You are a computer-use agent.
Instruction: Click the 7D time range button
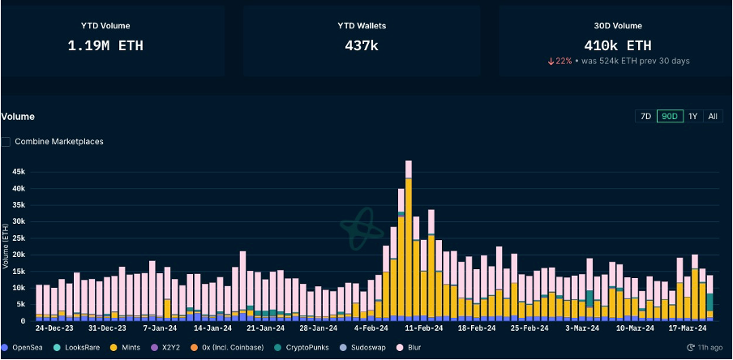pyautogui.click(x=645, y=116)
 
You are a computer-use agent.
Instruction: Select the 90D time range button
pyautogui.click(x=670, y=116)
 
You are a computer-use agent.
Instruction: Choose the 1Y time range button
pyautogui.click(x=693, y=116)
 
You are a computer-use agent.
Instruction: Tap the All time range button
pyautogui.click(x=712, y=116)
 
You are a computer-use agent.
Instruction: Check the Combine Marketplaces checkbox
pyautogui.click(x=6, y=142)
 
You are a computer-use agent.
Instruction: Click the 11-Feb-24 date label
pyautogui.click(x=424, y=328)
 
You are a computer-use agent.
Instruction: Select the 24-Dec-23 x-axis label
pyautogui.click(x=55, y=328)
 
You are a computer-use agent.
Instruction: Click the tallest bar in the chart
pyautogui.click(x=409, y=243)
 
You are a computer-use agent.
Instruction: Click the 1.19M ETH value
pyautogui.click(x=105, y=46)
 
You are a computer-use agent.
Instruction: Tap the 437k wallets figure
pyautogui.click(x=362, y=46)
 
